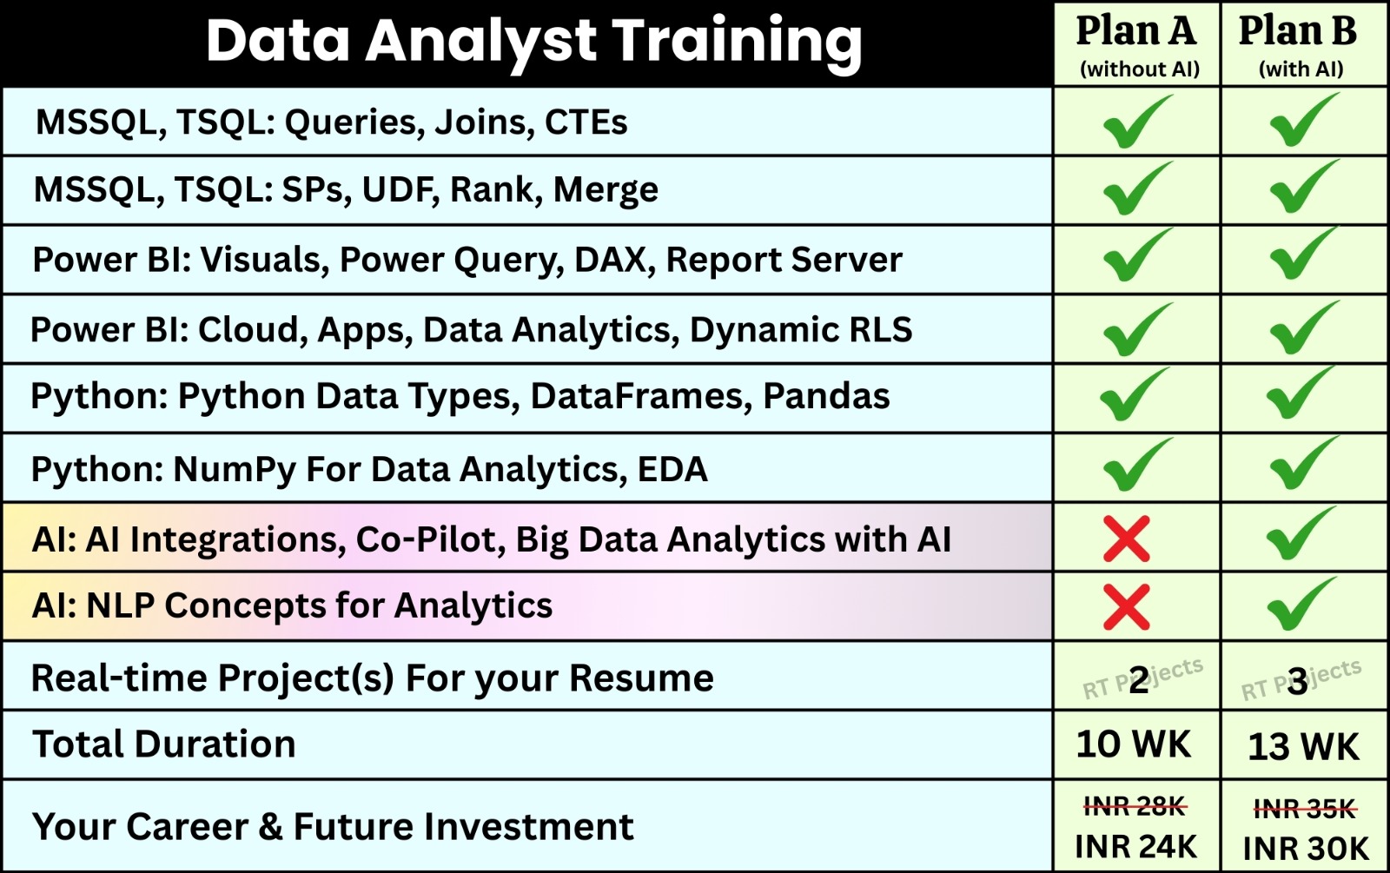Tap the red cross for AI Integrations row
1126,539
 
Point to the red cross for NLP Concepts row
1126,607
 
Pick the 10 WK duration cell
1134,744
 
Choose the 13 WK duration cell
1303,746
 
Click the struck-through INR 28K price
1135,807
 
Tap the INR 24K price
1135,846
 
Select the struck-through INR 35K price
1305,809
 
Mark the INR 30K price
1306,848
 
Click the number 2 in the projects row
1139,681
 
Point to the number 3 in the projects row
1298,683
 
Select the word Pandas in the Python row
826,396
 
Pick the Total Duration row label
164,744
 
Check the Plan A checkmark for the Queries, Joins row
1137,121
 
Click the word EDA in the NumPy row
672,470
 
